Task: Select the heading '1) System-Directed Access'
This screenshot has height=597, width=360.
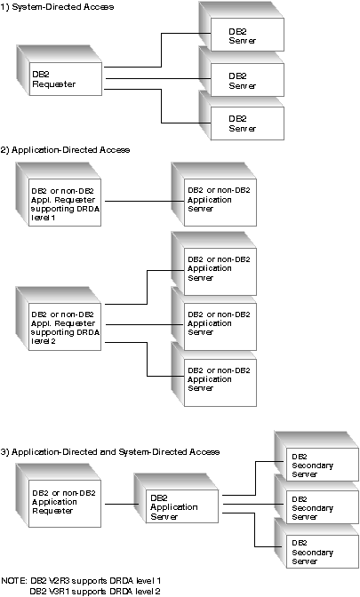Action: [x=57, y=7]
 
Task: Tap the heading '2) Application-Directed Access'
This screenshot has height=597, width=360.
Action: [x=65, y=150]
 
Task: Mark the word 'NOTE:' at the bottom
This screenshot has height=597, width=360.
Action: [x=14, y=581]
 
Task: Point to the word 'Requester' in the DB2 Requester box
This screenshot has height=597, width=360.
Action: [x=53, y=84]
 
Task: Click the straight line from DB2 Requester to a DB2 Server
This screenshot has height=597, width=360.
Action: [x=158, y=78]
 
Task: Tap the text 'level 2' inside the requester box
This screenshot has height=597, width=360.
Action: [x=44, y=341]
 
